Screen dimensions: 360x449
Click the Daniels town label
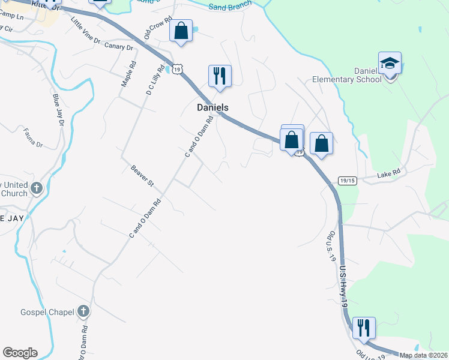tap(212, 107)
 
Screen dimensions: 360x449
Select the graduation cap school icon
tap(390, 63)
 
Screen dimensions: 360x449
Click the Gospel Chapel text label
tap(47, 312)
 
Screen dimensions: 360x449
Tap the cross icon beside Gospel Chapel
tap(83, 311)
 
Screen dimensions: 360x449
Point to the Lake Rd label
tap(388, 175)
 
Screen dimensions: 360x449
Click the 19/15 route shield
tap(348, 180)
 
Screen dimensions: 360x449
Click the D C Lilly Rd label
tap(154, 80)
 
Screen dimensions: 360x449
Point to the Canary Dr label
tap(118, 46)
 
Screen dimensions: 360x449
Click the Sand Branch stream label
tap(231, 7)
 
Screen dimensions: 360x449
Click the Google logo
tap(20, 353)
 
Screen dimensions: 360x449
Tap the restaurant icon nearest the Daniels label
tap(220, 76)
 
